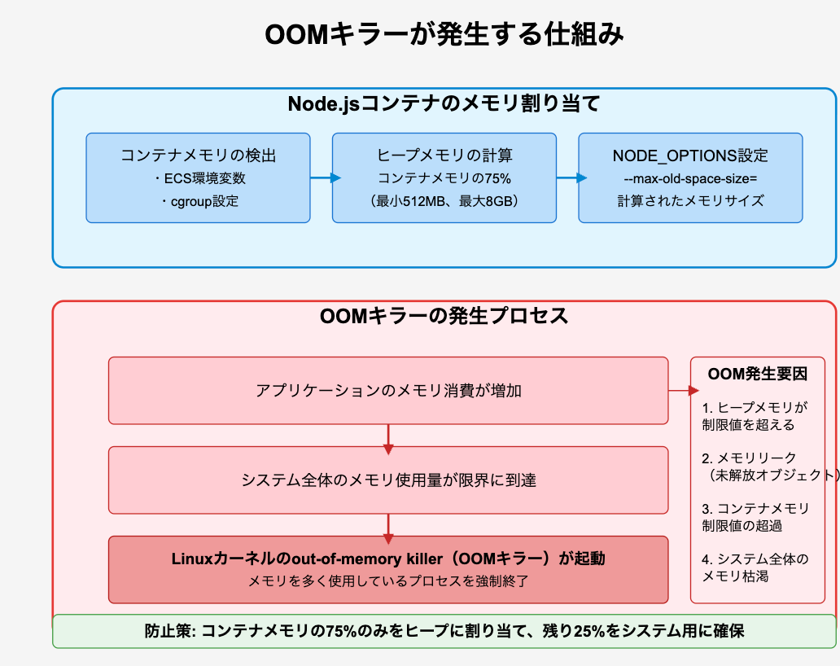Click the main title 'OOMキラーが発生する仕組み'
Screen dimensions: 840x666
(444, 35)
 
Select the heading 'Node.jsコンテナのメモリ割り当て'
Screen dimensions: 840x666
(444, 103)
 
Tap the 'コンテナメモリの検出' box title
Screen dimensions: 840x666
(199, 156)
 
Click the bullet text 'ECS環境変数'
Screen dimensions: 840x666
(199, 178)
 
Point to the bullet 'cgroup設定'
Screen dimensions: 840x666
(199, 201)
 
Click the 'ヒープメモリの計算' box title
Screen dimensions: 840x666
(444, 156)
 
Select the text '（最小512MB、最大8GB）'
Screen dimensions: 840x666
(444, 201)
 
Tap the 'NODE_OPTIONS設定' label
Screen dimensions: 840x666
(690, 156)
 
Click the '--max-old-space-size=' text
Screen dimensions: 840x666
(690, 179)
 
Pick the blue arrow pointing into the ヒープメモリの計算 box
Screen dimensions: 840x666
(326, 177)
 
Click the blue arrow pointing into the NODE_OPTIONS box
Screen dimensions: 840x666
(571, 177)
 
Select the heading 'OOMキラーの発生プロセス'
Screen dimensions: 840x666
(444, 316)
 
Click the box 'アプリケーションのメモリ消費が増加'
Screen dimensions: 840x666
(388, 391)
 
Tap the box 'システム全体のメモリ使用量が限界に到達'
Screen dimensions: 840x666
(388, 480)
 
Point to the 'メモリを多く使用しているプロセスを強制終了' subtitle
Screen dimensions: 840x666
(388, 581)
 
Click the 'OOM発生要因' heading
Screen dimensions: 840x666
(758, 374)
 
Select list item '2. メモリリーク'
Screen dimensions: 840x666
(749, 458)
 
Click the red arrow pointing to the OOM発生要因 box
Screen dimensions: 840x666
(684, 391)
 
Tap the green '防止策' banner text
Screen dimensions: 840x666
(444, 631)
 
